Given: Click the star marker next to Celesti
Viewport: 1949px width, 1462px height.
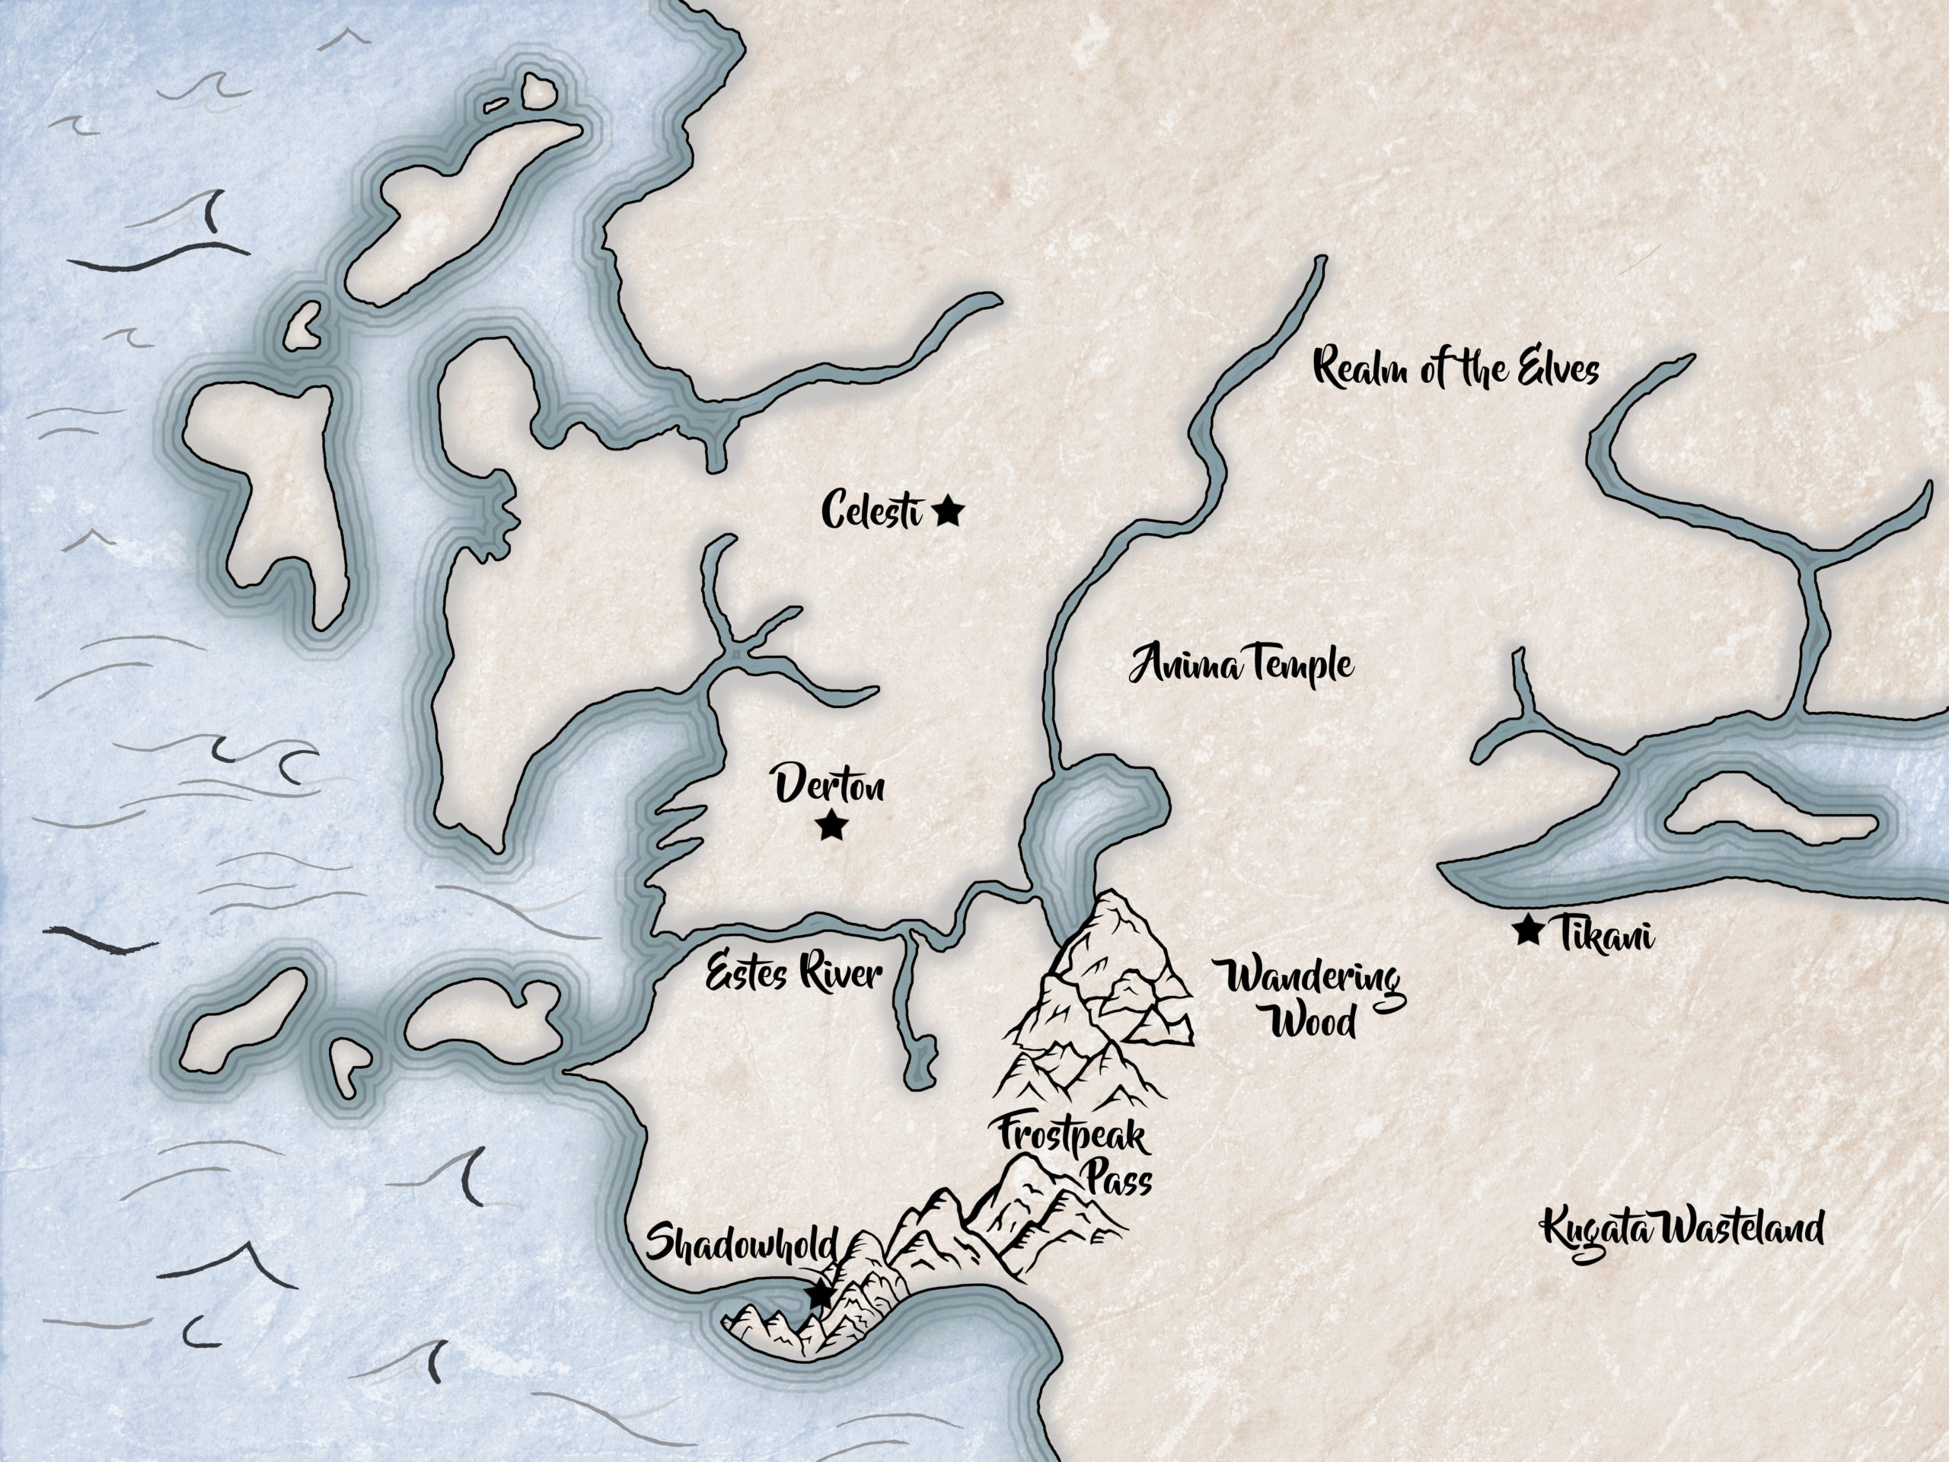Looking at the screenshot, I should pyautogui.click(x=948, y=511).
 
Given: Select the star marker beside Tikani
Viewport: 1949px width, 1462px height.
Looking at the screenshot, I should pyautogui.click(x=1527, y=930).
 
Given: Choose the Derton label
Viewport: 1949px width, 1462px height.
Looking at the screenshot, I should pyautogui.click(x=829, y=785).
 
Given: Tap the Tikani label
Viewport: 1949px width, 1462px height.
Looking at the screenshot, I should pyautogui.click(x=1606, y=935).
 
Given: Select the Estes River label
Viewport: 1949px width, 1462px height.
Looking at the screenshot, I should pyautogui.click(x=794, y=975).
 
